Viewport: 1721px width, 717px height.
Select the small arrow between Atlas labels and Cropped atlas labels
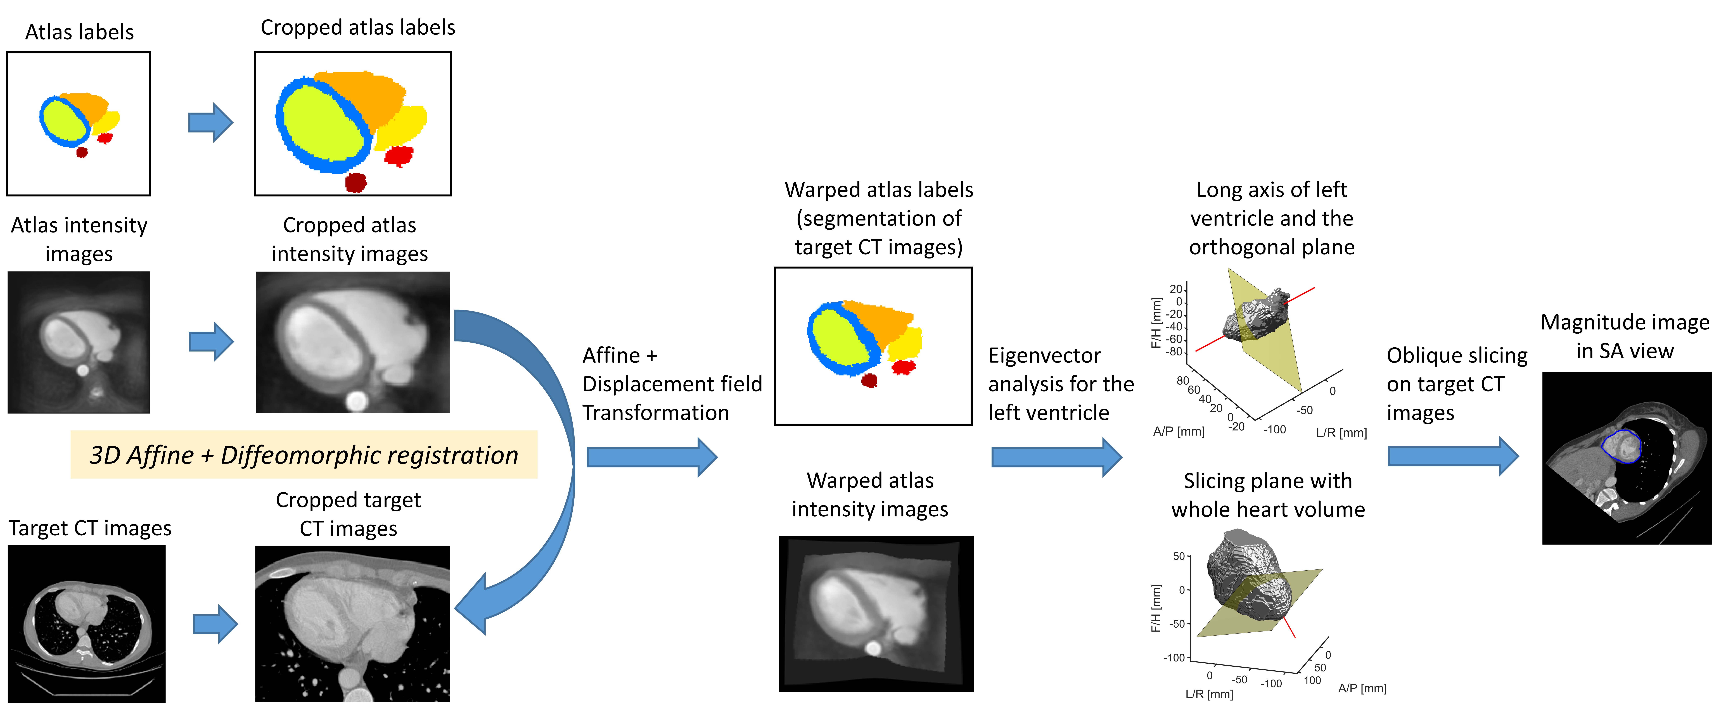click(210, 122)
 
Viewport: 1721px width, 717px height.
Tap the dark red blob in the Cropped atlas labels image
click(356, 182)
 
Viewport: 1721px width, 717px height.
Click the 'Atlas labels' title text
click(79, 32)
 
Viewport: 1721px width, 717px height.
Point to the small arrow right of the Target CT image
click(215, 624)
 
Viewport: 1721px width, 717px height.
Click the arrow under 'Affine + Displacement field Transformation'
click(651, 457)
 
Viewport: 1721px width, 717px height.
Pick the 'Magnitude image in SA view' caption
click(1625, 336)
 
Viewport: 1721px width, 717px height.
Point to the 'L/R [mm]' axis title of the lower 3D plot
click(1209, 694)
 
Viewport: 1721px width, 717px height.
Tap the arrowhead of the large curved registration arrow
click(471, 605)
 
